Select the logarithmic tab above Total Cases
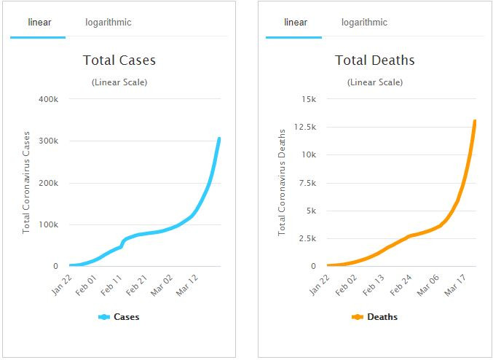pos(108,23)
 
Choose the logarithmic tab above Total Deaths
pos(364,23)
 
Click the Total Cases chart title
pos(119,60)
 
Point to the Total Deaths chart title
pos(374,60)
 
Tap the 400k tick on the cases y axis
pos(58,99)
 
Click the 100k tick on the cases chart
pos(58,224)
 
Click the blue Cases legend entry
pos(119,317)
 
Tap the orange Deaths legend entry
pos(374,317)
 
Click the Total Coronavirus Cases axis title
pos(27,182)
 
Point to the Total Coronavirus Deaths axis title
pos(283,182)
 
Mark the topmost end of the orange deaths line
pos(475,121)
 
